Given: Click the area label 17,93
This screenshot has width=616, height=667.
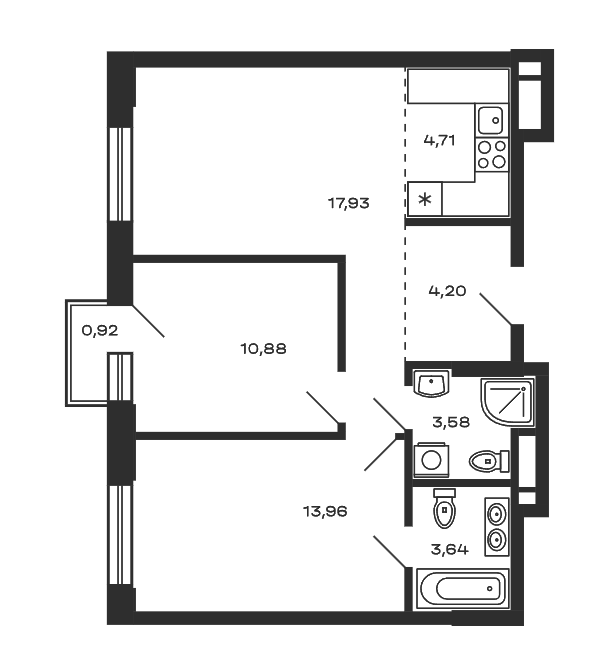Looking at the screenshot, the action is point(348,204).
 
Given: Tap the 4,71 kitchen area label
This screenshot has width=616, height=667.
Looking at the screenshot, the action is point(439,140).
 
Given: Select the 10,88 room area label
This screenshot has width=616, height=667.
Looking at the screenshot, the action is point(263,349).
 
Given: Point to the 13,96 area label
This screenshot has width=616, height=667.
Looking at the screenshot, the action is point(325,511).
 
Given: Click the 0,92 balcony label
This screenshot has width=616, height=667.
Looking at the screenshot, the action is point(100,331).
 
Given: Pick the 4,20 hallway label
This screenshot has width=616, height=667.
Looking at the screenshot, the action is point(447,291).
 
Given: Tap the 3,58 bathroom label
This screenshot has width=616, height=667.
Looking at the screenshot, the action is point(451,422).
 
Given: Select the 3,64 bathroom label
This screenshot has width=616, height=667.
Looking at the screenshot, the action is point(450,550).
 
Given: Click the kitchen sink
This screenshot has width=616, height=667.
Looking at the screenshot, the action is point(491,120).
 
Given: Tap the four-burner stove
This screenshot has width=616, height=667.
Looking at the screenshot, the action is point(492,154).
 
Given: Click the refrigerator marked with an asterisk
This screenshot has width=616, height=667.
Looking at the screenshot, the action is point(425,199).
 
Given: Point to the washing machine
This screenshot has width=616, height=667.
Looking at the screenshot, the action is point(431,460).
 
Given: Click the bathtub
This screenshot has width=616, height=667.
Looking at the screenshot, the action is point(463,589).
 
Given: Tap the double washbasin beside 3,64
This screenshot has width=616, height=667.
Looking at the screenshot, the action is point(496,527).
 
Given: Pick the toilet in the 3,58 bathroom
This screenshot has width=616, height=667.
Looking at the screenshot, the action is point(489,461).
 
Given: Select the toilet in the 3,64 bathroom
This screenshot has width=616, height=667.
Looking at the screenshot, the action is point(444,508).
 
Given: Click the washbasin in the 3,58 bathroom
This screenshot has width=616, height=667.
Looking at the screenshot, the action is point(432,383).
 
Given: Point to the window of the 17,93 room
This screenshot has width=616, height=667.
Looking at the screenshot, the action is point(120,174).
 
